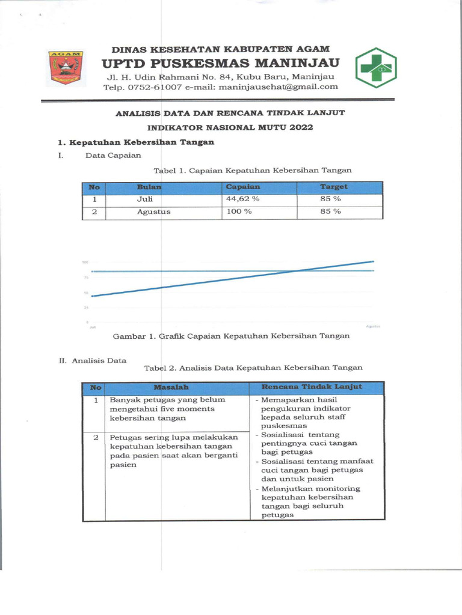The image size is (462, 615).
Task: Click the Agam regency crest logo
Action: [x=66, y=68]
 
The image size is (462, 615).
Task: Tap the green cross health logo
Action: [x=375, y=68]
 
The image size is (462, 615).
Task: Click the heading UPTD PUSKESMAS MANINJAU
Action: [x=220, y=63]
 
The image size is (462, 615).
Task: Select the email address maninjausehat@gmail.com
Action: [x=269, y=87]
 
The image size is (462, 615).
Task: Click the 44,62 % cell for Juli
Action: [x=242, y=199]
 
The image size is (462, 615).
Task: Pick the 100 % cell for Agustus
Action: [x=239, y=212]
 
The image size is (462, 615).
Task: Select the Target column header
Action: [x=333, y=187]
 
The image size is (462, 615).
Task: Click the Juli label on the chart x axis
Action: [x=93, y=327]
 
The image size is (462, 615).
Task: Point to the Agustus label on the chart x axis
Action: [x=373, y=326]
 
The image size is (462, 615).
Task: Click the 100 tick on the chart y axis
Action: [x=86, y=262]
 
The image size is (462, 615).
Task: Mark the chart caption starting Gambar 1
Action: [x=231, y=336]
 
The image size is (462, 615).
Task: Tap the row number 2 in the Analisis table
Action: [x=96, y=437]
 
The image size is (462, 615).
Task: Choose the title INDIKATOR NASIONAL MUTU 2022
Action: [x=230, y=127]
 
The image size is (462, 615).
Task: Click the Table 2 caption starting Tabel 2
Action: [x=253, y=368]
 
